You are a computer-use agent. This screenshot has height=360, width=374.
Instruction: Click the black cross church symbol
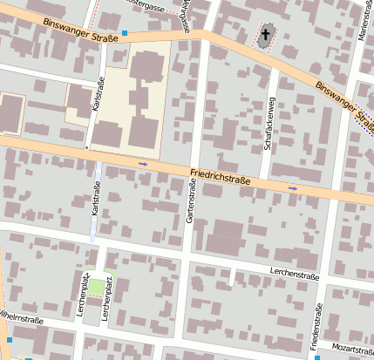tap(266, 36)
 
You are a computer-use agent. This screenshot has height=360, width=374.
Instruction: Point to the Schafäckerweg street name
tap(270, 123)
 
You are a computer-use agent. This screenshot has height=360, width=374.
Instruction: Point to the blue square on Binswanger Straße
tap(125, 35)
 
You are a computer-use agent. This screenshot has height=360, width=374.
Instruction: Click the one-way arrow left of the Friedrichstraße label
tap(143, 163)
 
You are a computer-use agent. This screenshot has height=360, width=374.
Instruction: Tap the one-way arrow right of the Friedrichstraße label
tap(293, 187)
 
